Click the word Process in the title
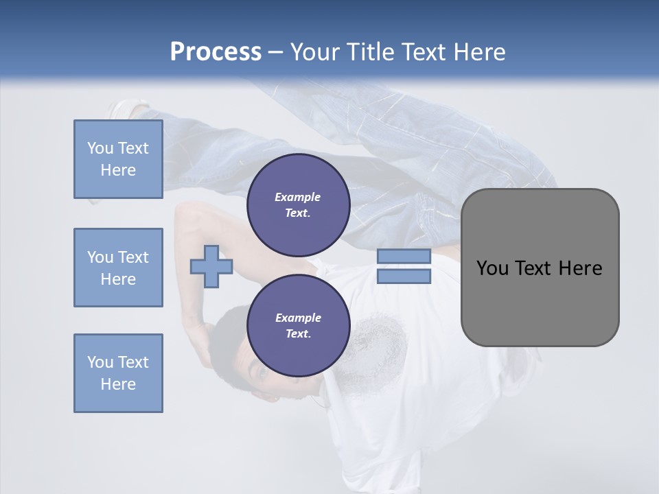click(x=216, y=52)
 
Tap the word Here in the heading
click(x=479, y=52)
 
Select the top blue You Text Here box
click(x=118, y=159)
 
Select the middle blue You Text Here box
click(x=118, y=268)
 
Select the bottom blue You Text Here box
click(x=118, y=373)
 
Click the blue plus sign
click(x=211, y=266)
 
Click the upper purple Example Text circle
click(x=298, y=205)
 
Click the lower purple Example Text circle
click(x=298, y=326)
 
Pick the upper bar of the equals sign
click(x=404, y=256)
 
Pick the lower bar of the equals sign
click(x=404, y=277)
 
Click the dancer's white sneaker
click(x=128, y=108)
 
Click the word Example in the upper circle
click(x=298, y=197)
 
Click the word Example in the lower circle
click(x=298, y=318)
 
